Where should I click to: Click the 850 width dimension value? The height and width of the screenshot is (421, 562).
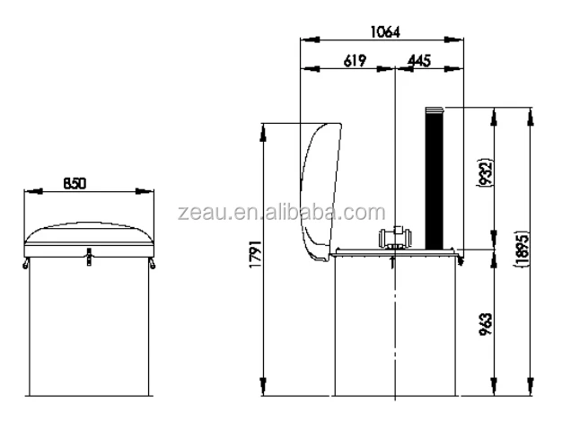(75, 182)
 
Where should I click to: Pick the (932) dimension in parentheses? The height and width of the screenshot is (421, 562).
(486, 174)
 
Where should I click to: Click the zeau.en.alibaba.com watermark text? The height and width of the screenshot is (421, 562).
(281, 213)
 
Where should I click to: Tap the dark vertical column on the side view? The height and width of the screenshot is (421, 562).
(435, 180)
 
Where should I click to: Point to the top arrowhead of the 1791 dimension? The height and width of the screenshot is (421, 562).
(263, 127)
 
